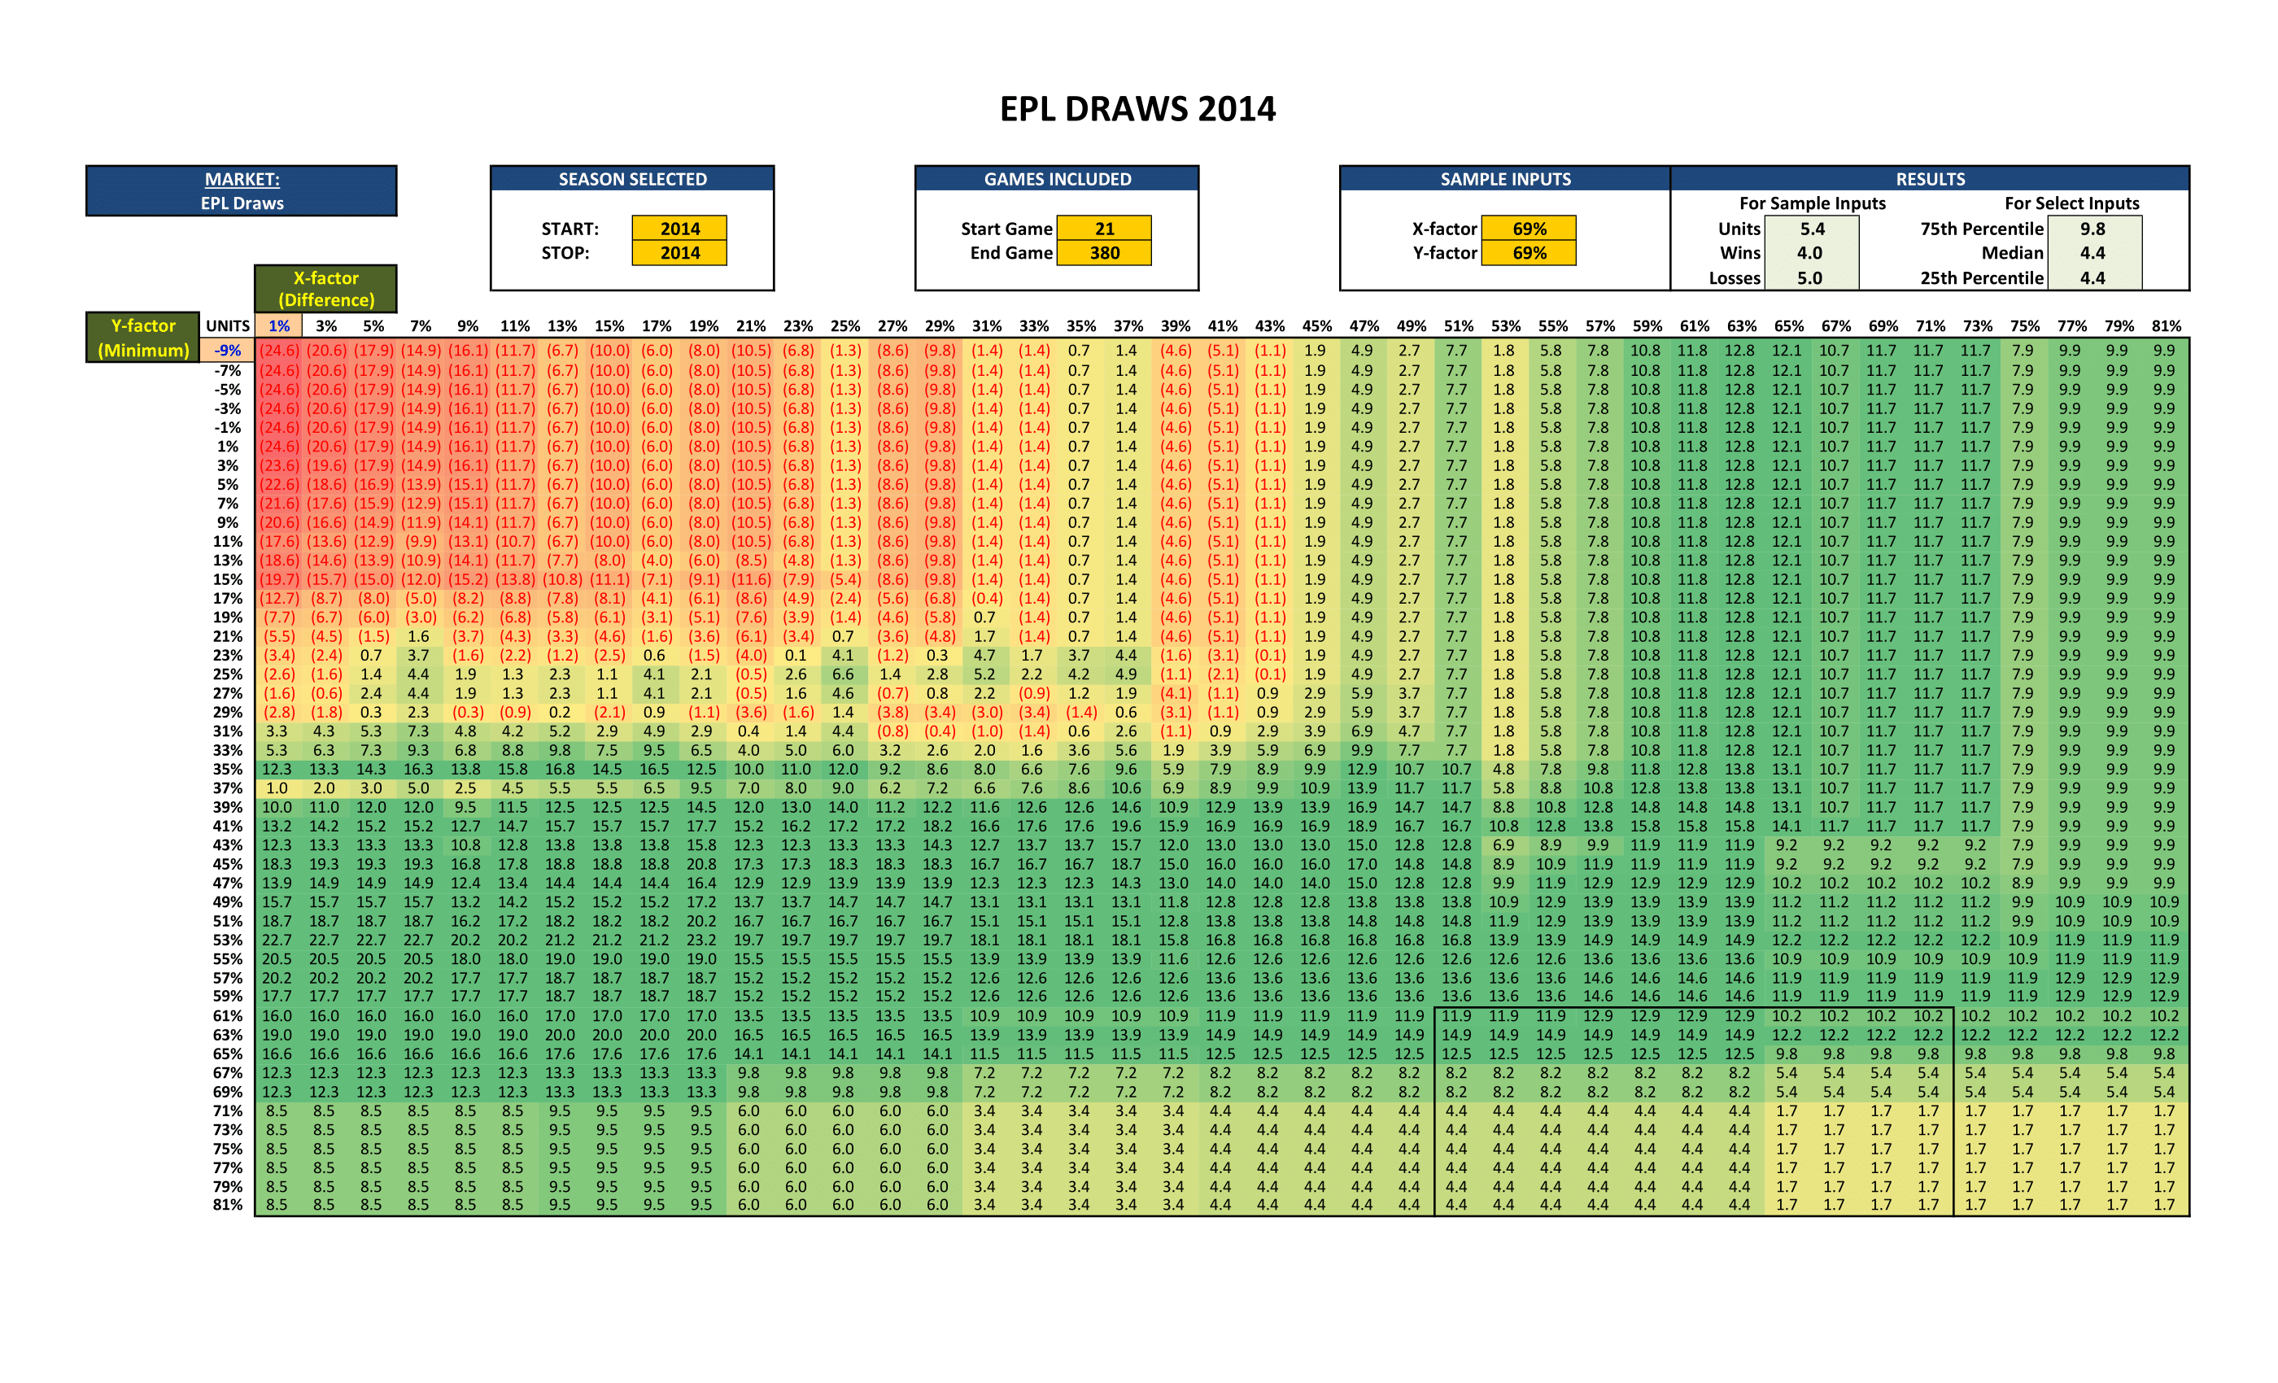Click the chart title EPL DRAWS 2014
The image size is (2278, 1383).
tap(1137, 109)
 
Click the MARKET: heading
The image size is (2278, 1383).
tap(242, 179)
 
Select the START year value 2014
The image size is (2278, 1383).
tap(679, 229)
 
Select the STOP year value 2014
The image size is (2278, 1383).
tap(679, 253)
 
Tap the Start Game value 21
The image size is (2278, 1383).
tap(1104, 229)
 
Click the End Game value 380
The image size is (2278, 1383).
tap(1104, 253)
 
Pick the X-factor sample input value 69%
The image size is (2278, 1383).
tap(1530, 229)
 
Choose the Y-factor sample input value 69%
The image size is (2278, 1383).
tap(1530, 253)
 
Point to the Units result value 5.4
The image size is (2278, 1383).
tap(1812, 229)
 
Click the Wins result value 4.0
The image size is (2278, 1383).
tap(1809, 253)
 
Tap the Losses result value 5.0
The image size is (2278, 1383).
tap(1809, 278)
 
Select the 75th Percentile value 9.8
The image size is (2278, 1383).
tap(2093, 229)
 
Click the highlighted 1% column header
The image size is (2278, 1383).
tap(279, 326)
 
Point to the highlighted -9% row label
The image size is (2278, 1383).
tap(228, 351)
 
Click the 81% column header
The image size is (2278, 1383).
tap(2166, 326)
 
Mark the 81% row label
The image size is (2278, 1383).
tap(228, 1205)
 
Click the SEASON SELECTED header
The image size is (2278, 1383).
tap(632, 179)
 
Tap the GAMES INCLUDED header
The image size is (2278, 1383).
tap(1057, 179)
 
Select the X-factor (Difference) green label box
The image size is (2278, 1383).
tap(326, 289)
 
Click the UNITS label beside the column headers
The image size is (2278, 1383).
tap(228, 326)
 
